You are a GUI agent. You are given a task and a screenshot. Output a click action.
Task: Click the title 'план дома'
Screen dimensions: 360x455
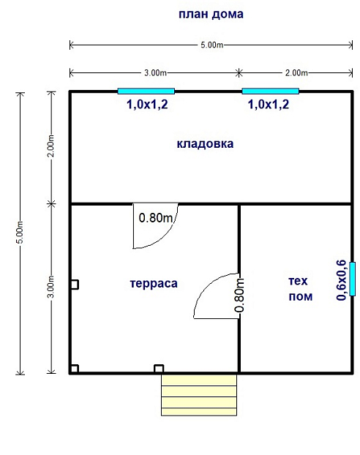click(x=211, y=15)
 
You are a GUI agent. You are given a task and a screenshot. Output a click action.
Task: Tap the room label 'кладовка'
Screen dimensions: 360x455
click(x=206, y=144)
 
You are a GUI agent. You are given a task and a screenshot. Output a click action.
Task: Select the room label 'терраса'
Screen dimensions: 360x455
click(x=154, y=284)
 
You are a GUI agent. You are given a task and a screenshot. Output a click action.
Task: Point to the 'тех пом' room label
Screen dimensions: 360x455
click(x=300, y=289)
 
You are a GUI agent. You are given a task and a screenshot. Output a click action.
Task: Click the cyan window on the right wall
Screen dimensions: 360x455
click(x=353, y=279)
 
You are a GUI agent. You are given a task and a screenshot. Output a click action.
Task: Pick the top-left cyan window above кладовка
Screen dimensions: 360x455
click(x=146, y=91)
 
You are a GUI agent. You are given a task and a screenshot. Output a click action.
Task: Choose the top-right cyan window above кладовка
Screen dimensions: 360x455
click(x=271, y=91)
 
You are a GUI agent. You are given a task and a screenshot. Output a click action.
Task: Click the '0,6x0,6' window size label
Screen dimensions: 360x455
click(x=341, y=280)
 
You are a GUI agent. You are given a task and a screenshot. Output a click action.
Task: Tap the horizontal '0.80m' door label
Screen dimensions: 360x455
click(x=156, y=218)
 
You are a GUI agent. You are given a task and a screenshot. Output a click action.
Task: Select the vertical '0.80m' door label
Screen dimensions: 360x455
click(x=239, y=295)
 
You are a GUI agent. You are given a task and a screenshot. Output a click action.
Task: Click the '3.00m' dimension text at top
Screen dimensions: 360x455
click(x=156, y=73)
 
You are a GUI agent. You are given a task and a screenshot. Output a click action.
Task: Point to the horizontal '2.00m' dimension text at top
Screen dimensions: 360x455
click(x=296, y=73)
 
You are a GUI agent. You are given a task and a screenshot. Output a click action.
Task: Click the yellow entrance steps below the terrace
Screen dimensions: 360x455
click(x=199, y=395)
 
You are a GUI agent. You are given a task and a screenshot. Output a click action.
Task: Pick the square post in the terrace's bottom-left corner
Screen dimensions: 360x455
click(x=75, y=369)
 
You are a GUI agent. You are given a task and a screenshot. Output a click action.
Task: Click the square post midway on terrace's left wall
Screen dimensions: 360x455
click(x=75, y=285)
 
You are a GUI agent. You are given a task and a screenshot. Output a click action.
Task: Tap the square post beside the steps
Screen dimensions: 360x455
click(x=159, y=369)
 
